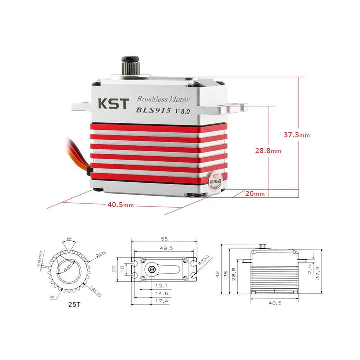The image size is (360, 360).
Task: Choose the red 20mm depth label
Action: pyautogui.click(x=255, y=193)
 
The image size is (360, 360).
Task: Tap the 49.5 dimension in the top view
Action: pyautogui.click(x=164, y=248)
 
